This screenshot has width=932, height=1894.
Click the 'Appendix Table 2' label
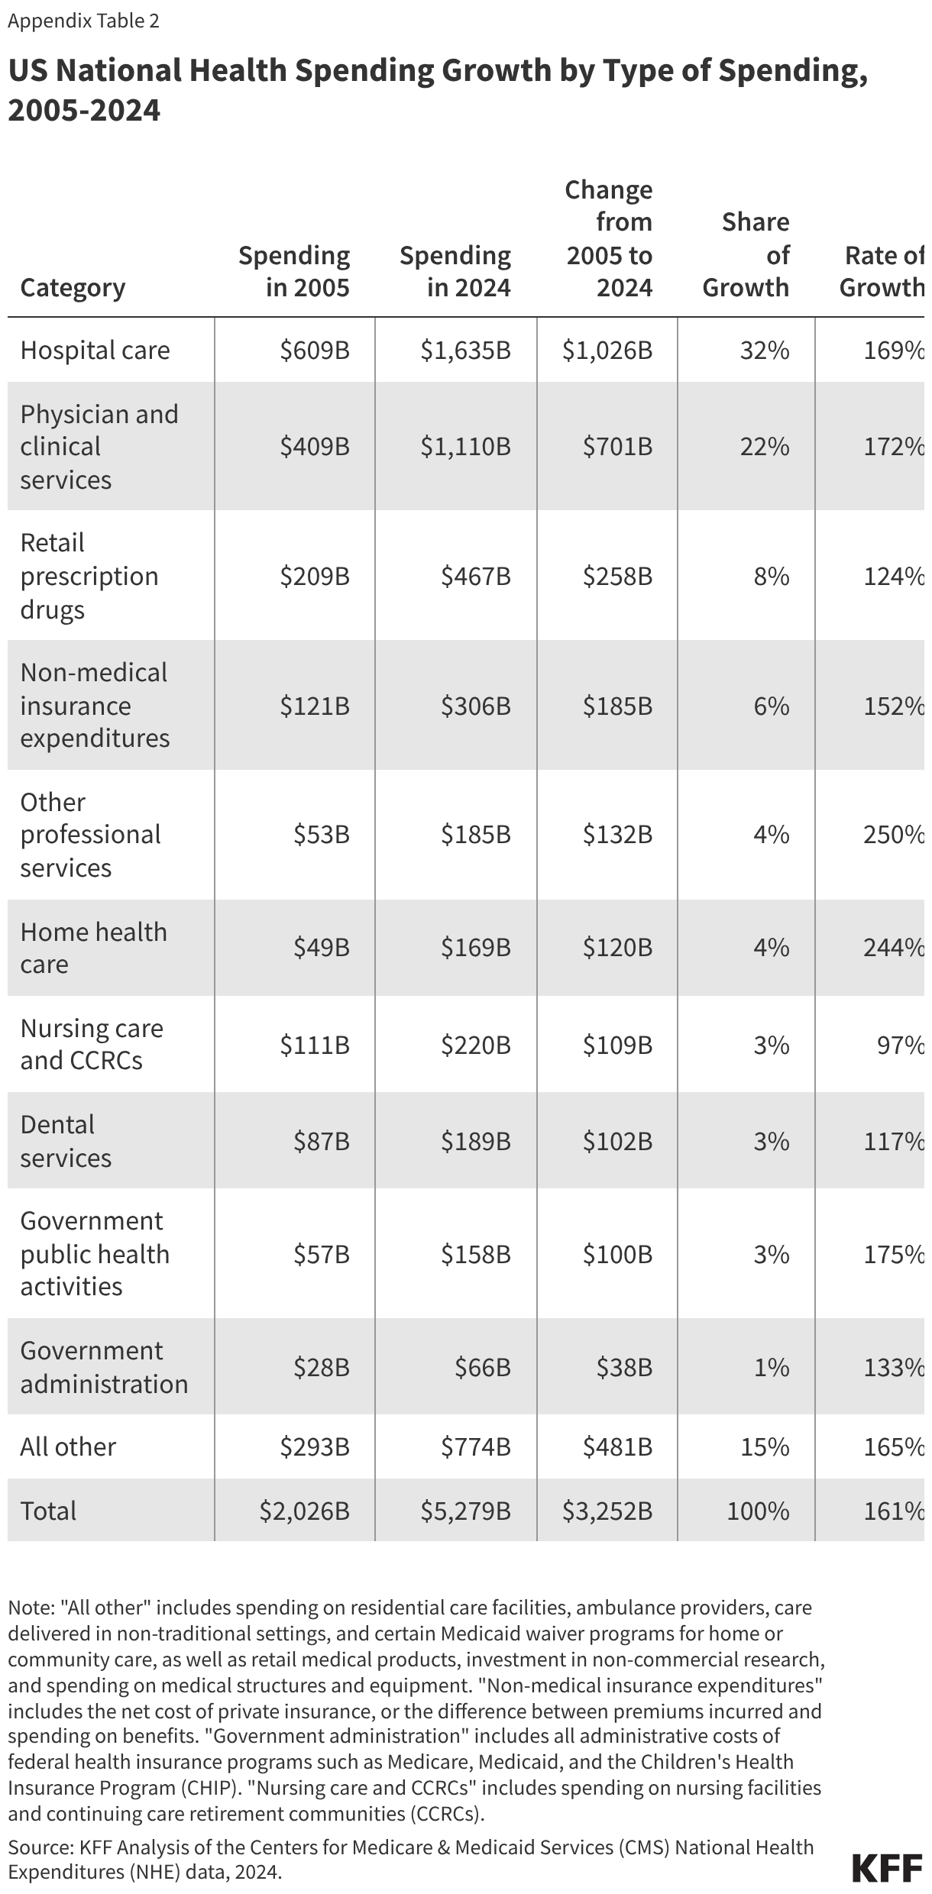(83, 21)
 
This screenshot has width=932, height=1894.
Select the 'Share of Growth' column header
(746, 254)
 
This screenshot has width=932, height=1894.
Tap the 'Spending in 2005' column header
(294, 271)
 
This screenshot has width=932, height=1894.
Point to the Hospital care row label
(95, 351)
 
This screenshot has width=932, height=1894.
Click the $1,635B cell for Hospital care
(465, 351)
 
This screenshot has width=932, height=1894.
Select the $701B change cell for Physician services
(617, 447)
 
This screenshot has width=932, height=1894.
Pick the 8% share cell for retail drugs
(772, 577)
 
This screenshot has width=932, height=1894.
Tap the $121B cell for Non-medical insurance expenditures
(315, 706)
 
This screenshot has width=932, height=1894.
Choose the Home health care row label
(93, 948)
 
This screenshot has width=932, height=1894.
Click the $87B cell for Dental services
(322, 1142)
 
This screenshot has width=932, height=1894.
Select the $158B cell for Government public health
(475, 1255)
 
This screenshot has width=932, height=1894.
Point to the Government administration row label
(104, 1367)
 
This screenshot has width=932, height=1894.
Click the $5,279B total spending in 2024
(465, 1511)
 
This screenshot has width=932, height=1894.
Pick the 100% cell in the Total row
(758, 1511)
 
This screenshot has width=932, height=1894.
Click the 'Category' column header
(73, 288)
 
